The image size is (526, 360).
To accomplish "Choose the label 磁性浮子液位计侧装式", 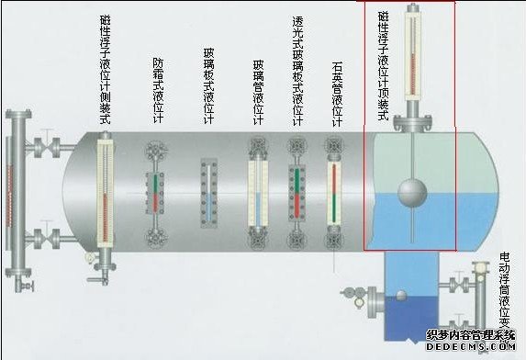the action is pyautogui.click(x=106, y=72).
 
